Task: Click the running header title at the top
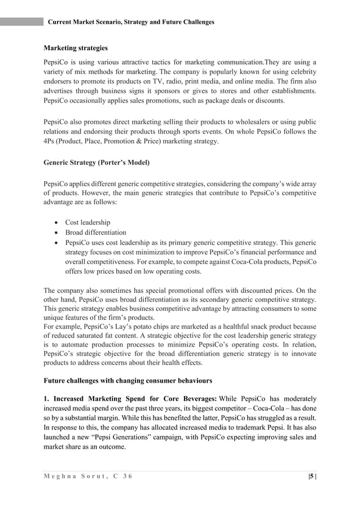click(x=131, y=22)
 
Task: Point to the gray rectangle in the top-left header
click(x=21, y=21)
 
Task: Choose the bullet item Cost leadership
click(x=87, y=222)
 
